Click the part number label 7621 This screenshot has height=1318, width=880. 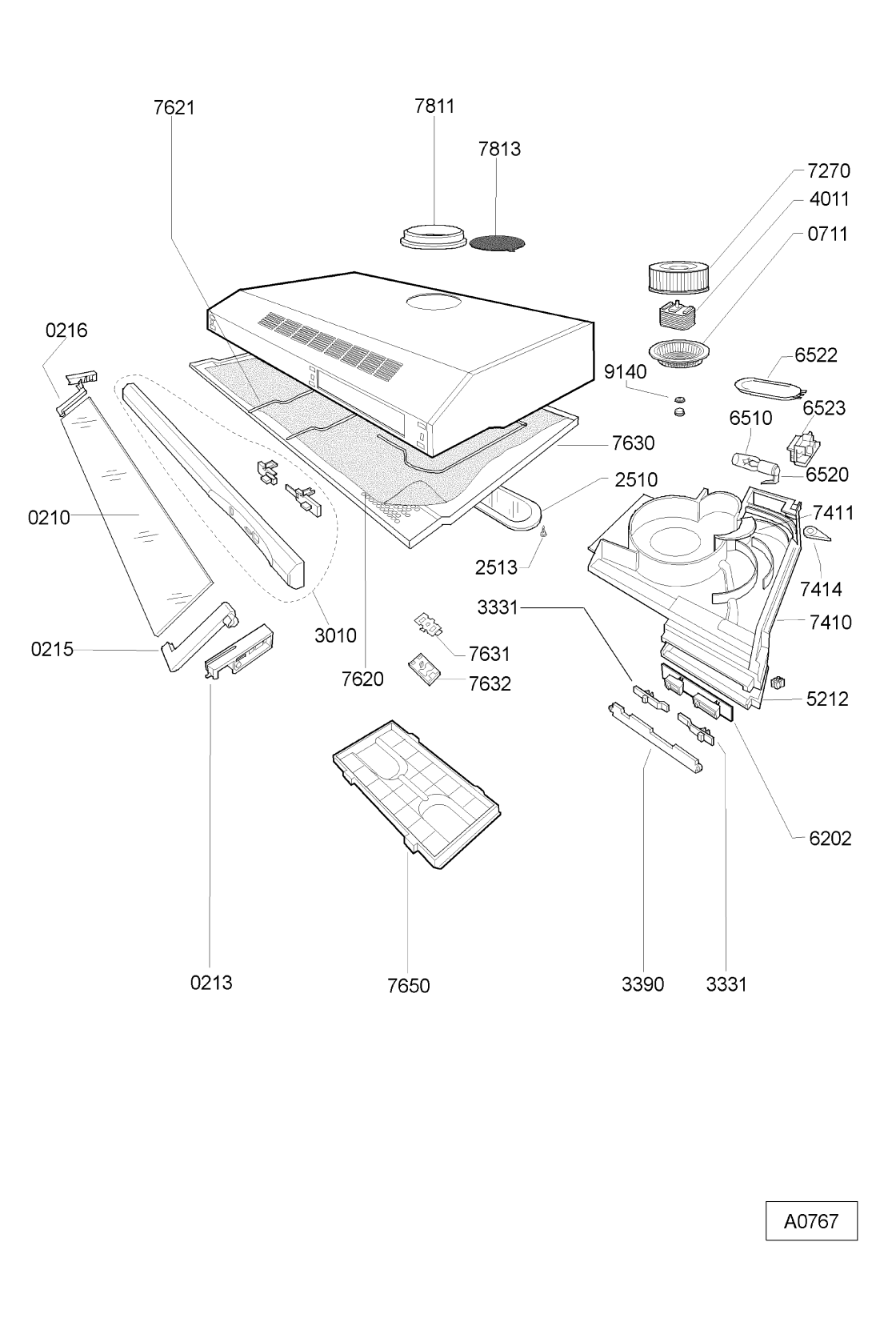[x=174, y=107]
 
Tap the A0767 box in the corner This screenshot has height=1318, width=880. [x=810, y=1221]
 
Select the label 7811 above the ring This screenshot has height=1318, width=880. [x=434, y=106]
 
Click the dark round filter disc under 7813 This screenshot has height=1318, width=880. [x=497, y=242]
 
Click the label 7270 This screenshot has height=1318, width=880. [x=829, y=170]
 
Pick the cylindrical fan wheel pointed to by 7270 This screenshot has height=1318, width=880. [x=678, y=278]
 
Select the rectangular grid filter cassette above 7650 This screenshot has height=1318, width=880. [x=416, y=792]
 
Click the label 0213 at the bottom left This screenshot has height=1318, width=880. [x=211, y=983]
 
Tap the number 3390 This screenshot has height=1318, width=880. [x=643, y=984]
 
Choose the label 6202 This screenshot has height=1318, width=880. [x=830, y=838]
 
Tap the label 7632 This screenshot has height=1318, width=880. [x=490, y=683]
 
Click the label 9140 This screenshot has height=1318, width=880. [x=625, y=371]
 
